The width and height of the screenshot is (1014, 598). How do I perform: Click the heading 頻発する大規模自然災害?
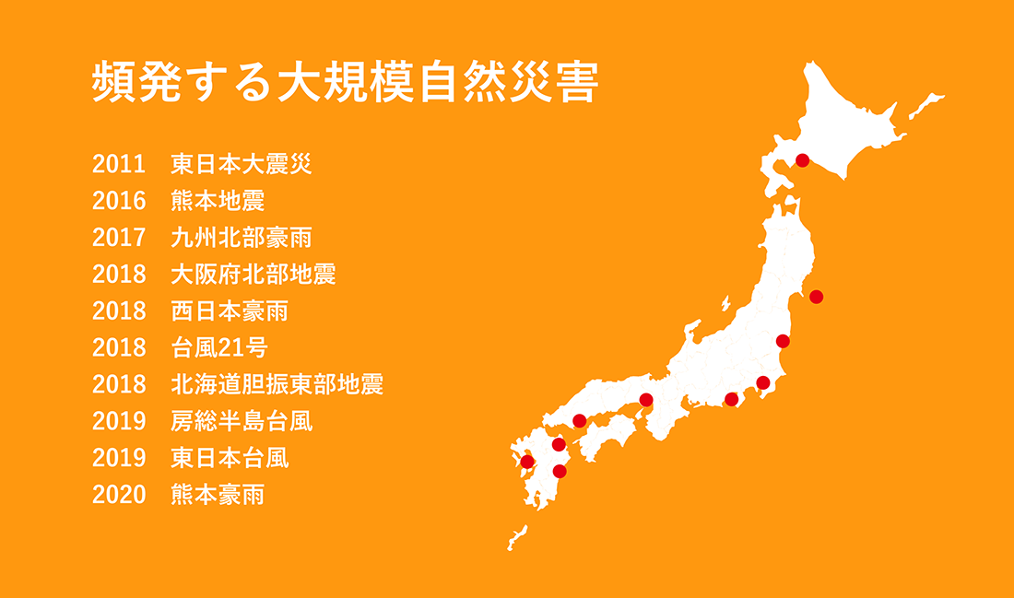click(345, 83)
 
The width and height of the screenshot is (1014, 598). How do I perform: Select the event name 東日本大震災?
click(242, 165)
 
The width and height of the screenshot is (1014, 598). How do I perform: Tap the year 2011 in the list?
click(119, 165)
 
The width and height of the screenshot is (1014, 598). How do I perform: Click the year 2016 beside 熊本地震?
click(119, 202)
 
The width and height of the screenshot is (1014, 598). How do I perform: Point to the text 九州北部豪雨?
click(242, 238)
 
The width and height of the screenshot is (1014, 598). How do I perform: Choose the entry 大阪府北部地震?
click(253, 275)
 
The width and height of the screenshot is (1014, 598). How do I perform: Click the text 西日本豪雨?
click(230, 311)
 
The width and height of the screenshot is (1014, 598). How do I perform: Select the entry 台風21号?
click(219, 348)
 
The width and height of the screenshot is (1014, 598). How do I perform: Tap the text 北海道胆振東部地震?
click(277, 384)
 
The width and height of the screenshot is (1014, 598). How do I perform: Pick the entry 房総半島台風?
click(242, 421)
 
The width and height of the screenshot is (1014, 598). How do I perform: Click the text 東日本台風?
click(230, 458)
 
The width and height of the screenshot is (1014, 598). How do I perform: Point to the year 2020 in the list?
click(119, 495)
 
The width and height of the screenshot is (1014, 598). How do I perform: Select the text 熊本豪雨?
click(218, 495)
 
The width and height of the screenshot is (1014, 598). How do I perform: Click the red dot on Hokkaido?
click(802, 160)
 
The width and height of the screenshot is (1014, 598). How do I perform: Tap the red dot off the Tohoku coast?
click(815, 297)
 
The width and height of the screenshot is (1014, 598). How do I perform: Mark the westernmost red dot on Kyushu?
click(527, 462)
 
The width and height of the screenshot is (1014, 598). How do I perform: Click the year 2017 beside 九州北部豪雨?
click(119, 238)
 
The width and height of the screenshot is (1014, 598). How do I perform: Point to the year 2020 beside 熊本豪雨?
click(119, 495)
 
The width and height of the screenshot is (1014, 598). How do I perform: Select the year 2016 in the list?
click(119, 202)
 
